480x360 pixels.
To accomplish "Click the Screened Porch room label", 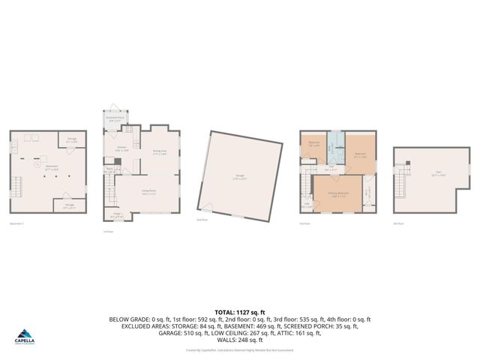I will coord(116,118).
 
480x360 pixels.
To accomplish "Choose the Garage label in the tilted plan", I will coord(239,178).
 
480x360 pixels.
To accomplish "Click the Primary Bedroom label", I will coord(338,193).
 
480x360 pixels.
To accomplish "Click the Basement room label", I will coord(50,169).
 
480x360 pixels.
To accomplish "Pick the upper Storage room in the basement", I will coord(72,140).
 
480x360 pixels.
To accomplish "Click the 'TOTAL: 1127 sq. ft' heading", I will coord(240,311).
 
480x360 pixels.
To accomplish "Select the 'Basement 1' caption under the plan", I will coord(16,223).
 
